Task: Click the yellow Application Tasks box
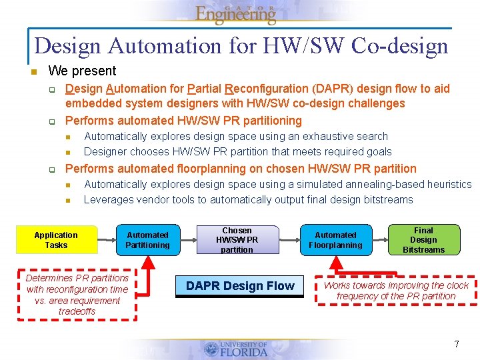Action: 56,240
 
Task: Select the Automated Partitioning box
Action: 148,240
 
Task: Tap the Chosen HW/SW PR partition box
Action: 237,240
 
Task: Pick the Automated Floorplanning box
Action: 335,240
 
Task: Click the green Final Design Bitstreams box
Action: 423,240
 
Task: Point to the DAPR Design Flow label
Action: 240,286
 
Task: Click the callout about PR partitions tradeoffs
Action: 77,295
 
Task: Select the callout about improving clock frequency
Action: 396,291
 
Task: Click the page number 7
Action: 457,344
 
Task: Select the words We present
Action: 82,71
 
